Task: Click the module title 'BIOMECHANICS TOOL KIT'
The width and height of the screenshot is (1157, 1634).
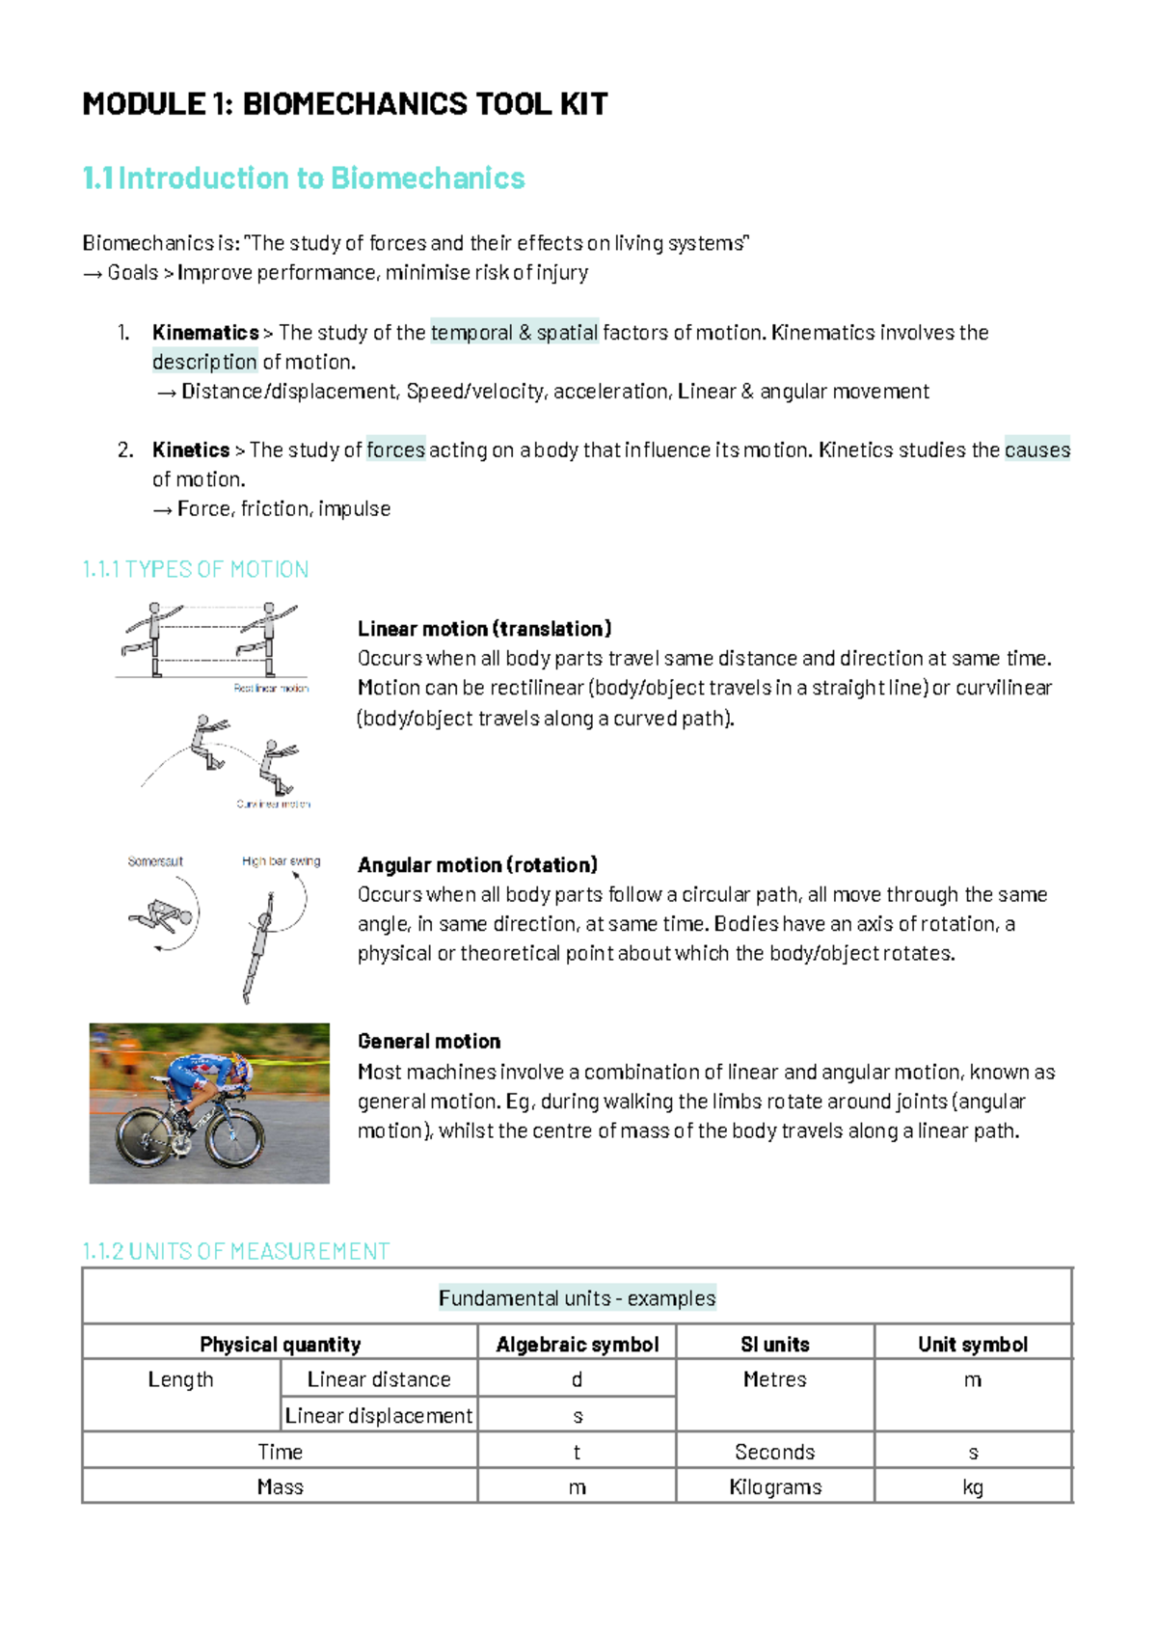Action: [424, 104]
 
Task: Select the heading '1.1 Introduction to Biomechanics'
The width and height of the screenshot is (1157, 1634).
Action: [304, 178]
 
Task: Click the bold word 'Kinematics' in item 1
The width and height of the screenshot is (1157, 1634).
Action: [205, 333]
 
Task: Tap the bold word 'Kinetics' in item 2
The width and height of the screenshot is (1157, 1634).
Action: [191, 450]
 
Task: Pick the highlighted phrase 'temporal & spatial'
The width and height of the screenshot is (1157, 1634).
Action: [515, 333]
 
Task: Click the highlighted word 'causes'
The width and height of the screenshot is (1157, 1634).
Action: [1037, 450]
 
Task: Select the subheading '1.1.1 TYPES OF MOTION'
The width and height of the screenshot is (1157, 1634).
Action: [196, 569]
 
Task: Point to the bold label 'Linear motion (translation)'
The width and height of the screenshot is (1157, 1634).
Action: [484, 629]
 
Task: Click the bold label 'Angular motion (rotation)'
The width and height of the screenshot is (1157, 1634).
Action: [477, 865]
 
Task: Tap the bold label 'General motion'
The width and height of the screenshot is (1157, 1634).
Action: [429, 1042]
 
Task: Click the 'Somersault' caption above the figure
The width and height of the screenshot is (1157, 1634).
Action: [155, 861]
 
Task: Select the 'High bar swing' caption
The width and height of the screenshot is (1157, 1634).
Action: [281, 861]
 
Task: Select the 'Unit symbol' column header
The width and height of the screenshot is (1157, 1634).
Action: [973, 1345]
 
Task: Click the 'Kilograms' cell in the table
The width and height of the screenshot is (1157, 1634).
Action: [775, 1487]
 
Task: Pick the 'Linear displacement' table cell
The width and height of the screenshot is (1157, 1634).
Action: [379, 1416]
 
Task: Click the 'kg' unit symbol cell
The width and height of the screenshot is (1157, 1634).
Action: [973, 1487]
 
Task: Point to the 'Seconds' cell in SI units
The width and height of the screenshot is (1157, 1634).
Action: [775, 1452]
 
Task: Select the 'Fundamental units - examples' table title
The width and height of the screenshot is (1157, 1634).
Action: [577, 1298]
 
